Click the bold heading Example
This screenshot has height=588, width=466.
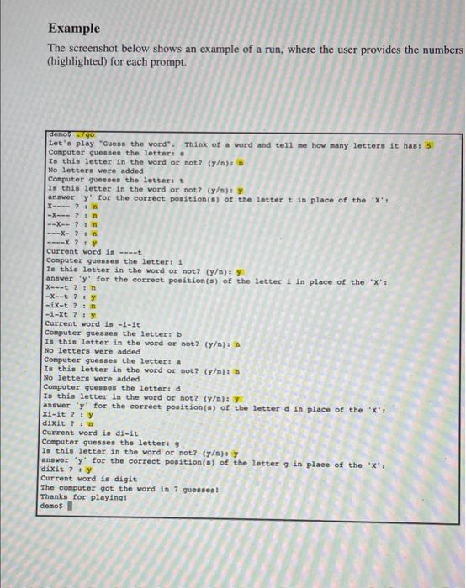pyautogui.click(x=74, y=29)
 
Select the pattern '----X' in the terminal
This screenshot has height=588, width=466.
pyautogui.click(x=61, y=242)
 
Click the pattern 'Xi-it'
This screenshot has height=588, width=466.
pyautogui.click(x=57, y=415)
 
